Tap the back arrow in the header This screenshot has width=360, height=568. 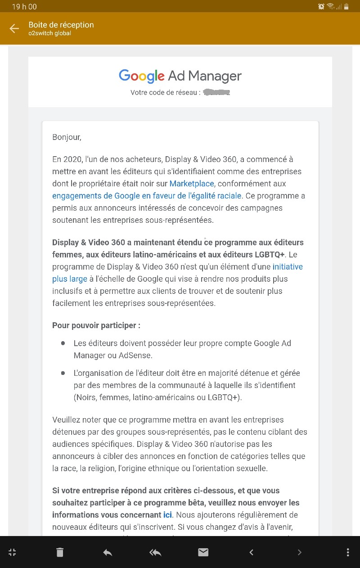(14, 29)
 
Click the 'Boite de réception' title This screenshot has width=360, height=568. (61, 25)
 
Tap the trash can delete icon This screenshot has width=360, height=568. (60, 552)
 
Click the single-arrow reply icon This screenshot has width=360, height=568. (108, 552)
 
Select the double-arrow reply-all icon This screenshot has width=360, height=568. (155, 552)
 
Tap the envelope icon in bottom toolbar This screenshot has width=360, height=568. (203, 552)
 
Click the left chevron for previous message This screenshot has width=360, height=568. (252, 552)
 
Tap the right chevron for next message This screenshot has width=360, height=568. (299, 552)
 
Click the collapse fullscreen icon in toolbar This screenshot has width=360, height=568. (12, 552)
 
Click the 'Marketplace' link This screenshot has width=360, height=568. (192, 184)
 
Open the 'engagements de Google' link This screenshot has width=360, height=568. (147, 196)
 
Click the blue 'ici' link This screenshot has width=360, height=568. (168, 514)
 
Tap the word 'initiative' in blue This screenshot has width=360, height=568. (288, 266)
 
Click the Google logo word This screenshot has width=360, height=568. (141, 76)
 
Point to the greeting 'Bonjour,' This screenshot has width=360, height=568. (67, 137)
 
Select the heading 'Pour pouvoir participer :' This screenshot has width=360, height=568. (96, 325)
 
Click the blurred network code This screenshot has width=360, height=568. (216, 93)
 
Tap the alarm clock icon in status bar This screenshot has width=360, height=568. (321, 6)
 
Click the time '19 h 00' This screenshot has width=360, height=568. (24, 6)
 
